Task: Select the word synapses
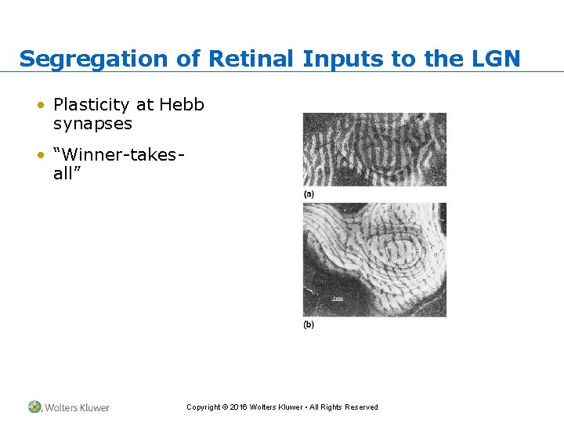click(92, 124)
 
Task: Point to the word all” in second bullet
click(68, 174)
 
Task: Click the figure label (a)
click(309, 193)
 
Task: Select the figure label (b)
click(309, 324)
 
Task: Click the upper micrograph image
click(374, 149)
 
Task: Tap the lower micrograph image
click(374, 259)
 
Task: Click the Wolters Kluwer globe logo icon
click(34, 407)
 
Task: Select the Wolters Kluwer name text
click(77, 407)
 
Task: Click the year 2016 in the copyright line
click(237, 407)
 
